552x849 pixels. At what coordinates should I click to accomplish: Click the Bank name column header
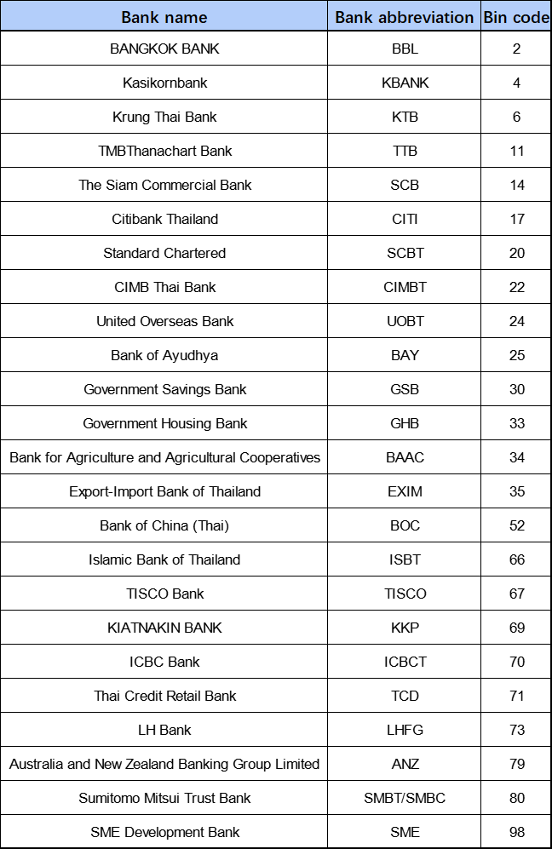[x=164, y=17]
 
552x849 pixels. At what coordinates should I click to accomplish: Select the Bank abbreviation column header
[x=405, y=17]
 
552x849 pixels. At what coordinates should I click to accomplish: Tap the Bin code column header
[x=516, y=17]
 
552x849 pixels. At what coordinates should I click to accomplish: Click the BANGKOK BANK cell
[x=164, y=49]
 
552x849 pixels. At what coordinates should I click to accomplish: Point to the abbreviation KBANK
[x=405, y=83]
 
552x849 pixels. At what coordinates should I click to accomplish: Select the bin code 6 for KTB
[x=516, y=117]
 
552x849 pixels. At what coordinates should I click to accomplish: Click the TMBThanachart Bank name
[x=164, y=151]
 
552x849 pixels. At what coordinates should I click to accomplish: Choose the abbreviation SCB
[x=405, y=185]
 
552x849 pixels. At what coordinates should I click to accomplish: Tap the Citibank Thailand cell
[x=164, y=219]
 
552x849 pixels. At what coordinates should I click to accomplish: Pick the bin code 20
[x=516, y=253]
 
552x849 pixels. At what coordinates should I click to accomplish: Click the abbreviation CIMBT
[x=405, y=287]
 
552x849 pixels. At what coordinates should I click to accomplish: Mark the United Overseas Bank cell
[x=164, y=321]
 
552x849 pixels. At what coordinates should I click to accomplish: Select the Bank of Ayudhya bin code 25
[x=516, y=355]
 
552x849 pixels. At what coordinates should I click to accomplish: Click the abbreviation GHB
[x=405, y=423]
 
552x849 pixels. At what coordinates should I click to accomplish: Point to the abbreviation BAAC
[x=405, y=457]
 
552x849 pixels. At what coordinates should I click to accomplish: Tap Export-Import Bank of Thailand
[x=164, y=491]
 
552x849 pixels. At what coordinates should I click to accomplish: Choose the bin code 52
[x=516, y=525]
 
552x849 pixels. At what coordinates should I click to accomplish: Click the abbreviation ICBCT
[x=405, y=662]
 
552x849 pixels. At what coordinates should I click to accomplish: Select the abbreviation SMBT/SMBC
[x=405, y=798]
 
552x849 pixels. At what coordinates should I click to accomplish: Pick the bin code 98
[x=516, y=832]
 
